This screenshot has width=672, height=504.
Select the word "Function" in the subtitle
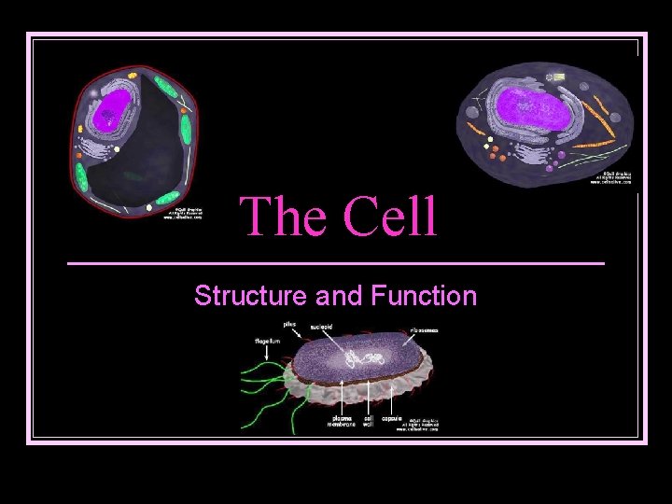[x=424, y=297]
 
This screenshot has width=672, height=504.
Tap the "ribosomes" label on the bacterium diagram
[x=424, y=329]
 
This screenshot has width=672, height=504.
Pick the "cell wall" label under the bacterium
[x=370, y=421]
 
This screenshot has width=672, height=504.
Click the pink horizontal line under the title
[x=336, y=264]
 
